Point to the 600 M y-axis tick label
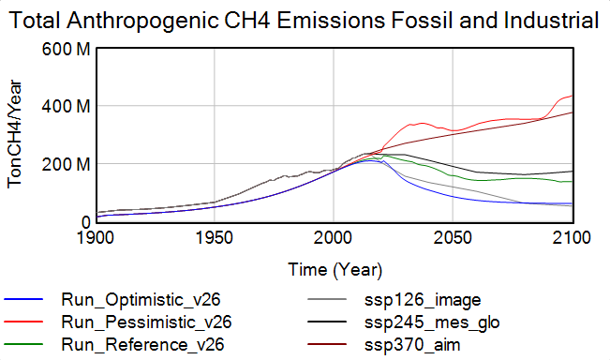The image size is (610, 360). tap(67, 49)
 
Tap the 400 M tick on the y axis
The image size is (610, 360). tap(67, 107)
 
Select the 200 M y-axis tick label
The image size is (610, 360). tap(67, 164)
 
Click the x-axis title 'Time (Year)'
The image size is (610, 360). tap(335, 271)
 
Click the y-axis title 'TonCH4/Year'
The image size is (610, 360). tap(15, 135)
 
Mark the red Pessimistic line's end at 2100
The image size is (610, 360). tap(572, 96)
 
